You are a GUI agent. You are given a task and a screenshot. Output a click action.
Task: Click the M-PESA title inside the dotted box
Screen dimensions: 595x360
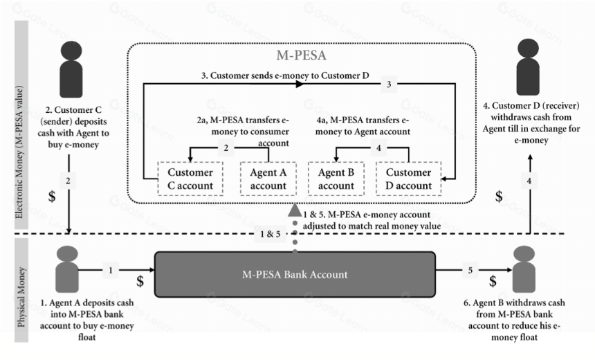coord(301,55)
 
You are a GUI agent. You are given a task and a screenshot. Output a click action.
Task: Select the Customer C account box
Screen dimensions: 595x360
coord(190,179)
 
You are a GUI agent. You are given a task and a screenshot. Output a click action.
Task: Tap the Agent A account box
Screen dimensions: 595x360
coord(268,179)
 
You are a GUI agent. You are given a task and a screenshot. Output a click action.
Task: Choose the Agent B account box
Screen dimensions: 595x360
coord(336,179)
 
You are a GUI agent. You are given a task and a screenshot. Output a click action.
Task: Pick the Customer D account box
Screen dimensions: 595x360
coord(409,179)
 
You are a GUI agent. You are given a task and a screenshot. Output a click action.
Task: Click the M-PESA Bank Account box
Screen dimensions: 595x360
coord(295,274)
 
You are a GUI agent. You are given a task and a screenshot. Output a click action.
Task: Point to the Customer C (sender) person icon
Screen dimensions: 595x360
coord(71,69)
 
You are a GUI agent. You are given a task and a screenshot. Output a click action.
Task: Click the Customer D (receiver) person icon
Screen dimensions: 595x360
coord(528,67)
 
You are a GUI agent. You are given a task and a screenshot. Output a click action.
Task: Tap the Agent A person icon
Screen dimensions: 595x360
coord(67,269)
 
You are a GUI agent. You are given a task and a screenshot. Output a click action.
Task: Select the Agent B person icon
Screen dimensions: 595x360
coord(524,269)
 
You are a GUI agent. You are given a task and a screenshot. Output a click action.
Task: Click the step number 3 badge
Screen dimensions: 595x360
coord(389,84)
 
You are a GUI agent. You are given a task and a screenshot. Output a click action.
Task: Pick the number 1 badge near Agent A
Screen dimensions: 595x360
coord(111,271)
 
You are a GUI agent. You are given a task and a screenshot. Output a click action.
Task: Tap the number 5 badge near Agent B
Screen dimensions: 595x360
coord(470,271)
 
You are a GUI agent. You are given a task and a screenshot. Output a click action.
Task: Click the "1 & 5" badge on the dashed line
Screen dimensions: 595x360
coord(271,234)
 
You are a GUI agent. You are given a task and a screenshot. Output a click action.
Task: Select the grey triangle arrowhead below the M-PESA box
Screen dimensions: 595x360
coord(295,210)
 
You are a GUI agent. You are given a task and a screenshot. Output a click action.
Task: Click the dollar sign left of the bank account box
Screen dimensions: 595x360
coord(140,281)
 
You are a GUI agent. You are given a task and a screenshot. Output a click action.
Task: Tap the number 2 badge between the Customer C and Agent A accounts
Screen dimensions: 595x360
coord(226,147)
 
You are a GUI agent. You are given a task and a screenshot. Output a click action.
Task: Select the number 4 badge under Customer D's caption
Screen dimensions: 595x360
coord(529,181)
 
